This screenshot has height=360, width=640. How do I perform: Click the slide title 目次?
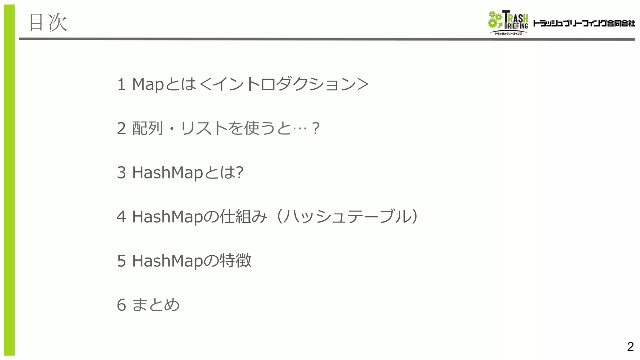pos(48,22)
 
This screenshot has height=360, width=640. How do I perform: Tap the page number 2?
pos(630,347)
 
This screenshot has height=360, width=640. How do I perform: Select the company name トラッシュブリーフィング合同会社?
pos(584,23)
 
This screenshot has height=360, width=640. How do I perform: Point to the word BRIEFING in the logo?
pos(516,26)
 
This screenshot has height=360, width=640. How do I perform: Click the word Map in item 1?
pos(148,84)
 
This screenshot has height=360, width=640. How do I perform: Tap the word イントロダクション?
pos(284,84)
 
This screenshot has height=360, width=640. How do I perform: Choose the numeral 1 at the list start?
pos(121,84)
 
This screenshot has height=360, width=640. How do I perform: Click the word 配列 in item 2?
pos(147,128)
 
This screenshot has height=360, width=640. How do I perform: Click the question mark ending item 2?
pos(316,128)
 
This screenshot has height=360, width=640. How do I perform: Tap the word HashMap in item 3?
pos(167,172)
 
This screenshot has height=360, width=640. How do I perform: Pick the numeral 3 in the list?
pos(121,172)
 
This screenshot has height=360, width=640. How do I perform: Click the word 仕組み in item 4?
pos(243,217)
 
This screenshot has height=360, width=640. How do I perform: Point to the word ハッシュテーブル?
pos(347,217)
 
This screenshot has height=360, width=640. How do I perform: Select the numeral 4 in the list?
pos(121,217)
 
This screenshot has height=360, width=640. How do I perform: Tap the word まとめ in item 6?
pos(156,305)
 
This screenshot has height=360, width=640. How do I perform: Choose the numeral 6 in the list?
pos(121,305)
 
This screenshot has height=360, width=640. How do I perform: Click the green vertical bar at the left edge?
pos(9,180)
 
